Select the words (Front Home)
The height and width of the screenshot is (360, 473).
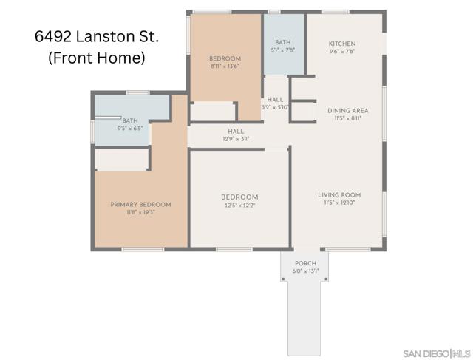(96, 58)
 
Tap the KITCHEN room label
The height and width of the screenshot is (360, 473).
(342, 44)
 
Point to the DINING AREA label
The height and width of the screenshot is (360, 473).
(347, 110)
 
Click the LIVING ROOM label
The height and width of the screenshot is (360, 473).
(339, 195)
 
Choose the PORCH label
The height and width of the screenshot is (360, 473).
(305, 263)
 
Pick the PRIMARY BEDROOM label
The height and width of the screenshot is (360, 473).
(140, 204)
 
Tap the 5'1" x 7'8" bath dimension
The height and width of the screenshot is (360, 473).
(283, 50)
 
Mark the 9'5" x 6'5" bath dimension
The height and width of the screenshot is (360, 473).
(130, 128)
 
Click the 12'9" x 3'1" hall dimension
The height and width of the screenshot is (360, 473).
(236, 138)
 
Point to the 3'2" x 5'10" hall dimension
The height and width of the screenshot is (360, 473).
(276, 107)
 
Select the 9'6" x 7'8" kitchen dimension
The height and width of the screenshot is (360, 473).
(342, 52)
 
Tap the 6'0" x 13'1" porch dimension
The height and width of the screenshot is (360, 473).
(305, 271)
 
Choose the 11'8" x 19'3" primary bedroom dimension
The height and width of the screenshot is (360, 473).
(140, 212)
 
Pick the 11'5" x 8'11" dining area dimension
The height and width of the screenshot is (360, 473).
(347, 118)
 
